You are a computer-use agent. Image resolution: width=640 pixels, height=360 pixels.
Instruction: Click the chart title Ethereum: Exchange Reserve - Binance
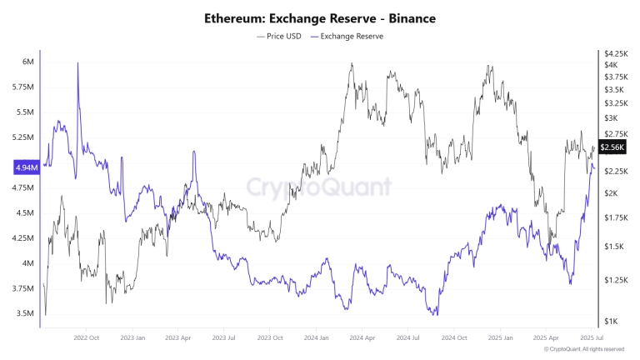(320, 17)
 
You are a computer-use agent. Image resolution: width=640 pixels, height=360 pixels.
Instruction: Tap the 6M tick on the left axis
(27, 62)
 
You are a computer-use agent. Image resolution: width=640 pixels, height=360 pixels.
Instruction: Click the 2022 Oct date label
(86, 338)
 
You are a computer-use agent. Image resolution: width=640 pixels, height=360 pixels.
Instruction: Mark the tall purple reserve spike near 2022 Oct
(77, 65)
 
